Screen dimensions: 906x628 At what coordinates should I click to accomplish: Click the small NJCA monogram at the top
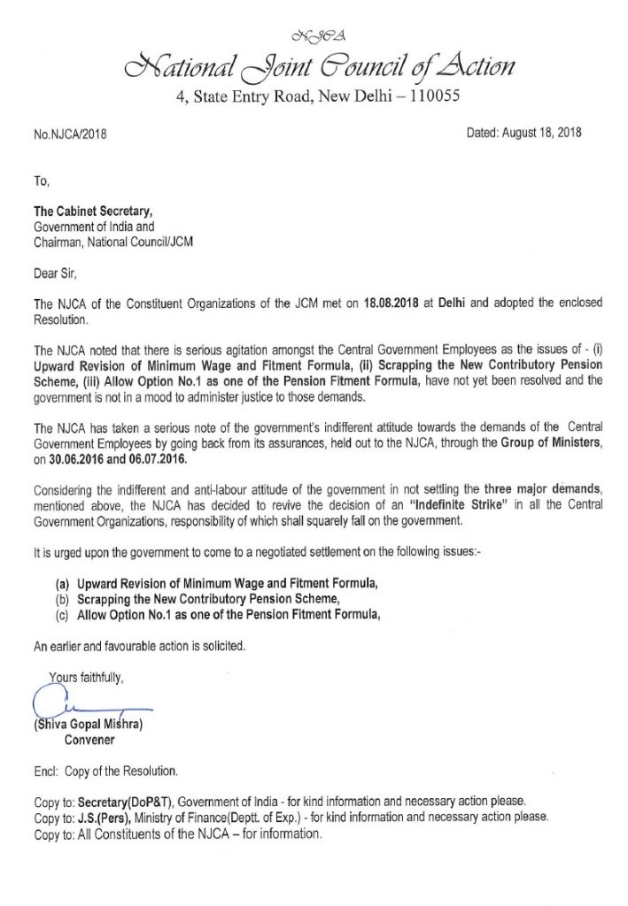[314, 36]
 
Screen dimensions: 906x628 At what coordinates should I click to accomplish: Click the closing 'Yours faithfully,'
[87, 679]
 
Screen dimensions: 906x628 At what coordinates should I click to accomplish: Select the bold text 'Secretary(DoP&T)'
[121, 800]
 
